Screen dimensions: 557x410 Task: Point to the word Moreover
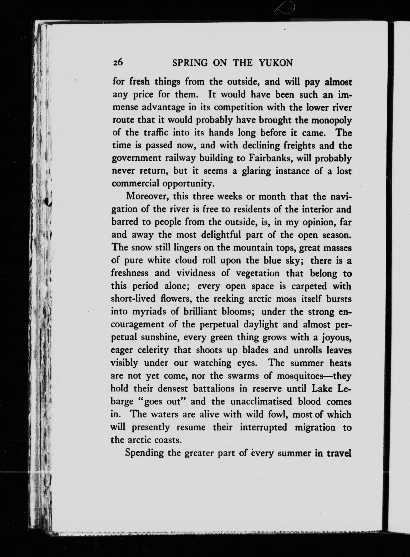(x=148, y=196)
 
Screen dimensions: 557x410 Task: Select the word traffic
(x=156, y=133)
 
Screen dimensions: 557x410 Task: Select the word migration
(x=315, y=427)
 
